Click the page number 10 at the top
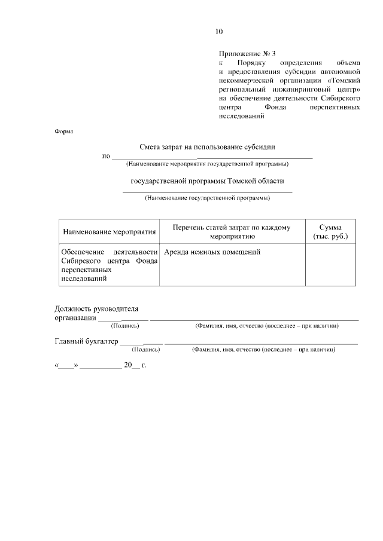(x=219, y=32)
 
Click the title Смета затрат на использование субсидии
(x=208, y=146)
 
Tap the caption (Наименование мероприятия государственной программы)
(x=207, y=164)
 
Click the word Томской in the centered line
(x=241, y=181)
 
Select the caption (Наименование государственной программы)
(x=207, y=197)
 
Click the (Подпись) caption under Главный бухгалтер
(x=146, y=350)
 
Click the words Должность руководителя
(x=96, y=309)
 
